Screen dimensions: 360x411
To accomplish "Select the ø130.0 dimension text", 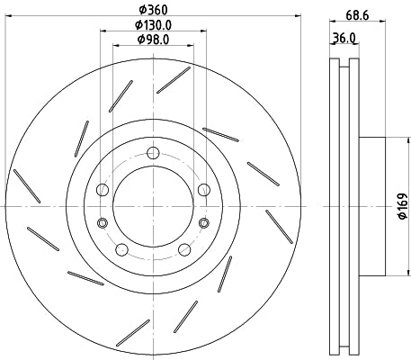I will pyautogui.click(x=153, y=24).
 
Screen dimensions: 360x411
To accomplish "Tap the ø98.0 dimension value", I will pyautogui.click(x=153, y=40).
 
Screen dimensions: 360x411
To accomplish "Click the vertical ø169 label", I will pyautogui.click(x=402, y=206).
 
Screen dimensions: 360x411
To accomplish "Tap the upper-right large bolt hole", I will pyautogui.click(x=203, y=189).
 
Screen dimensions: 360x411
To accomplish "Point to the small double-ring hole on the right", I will pyautogui.click(x=203, y=221).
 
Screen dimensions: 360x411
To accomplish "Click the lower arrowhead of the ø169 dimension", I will pyautogui.click(x=389, y=274).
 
